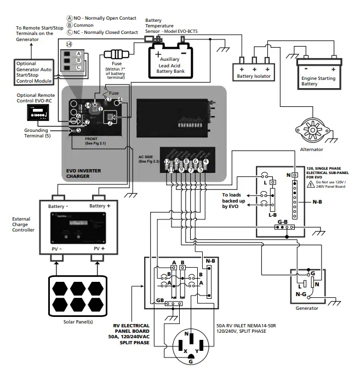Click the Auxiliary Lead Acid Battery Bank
(172, 62)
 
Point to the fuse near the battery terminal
(118, 55)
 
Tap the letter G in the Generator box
(312, 273)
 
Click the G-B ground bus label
(283, 221)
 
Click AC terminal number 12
(167, 161)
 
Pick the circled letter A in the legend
(69, 18)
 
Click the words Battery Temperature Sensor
(160, 26)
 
